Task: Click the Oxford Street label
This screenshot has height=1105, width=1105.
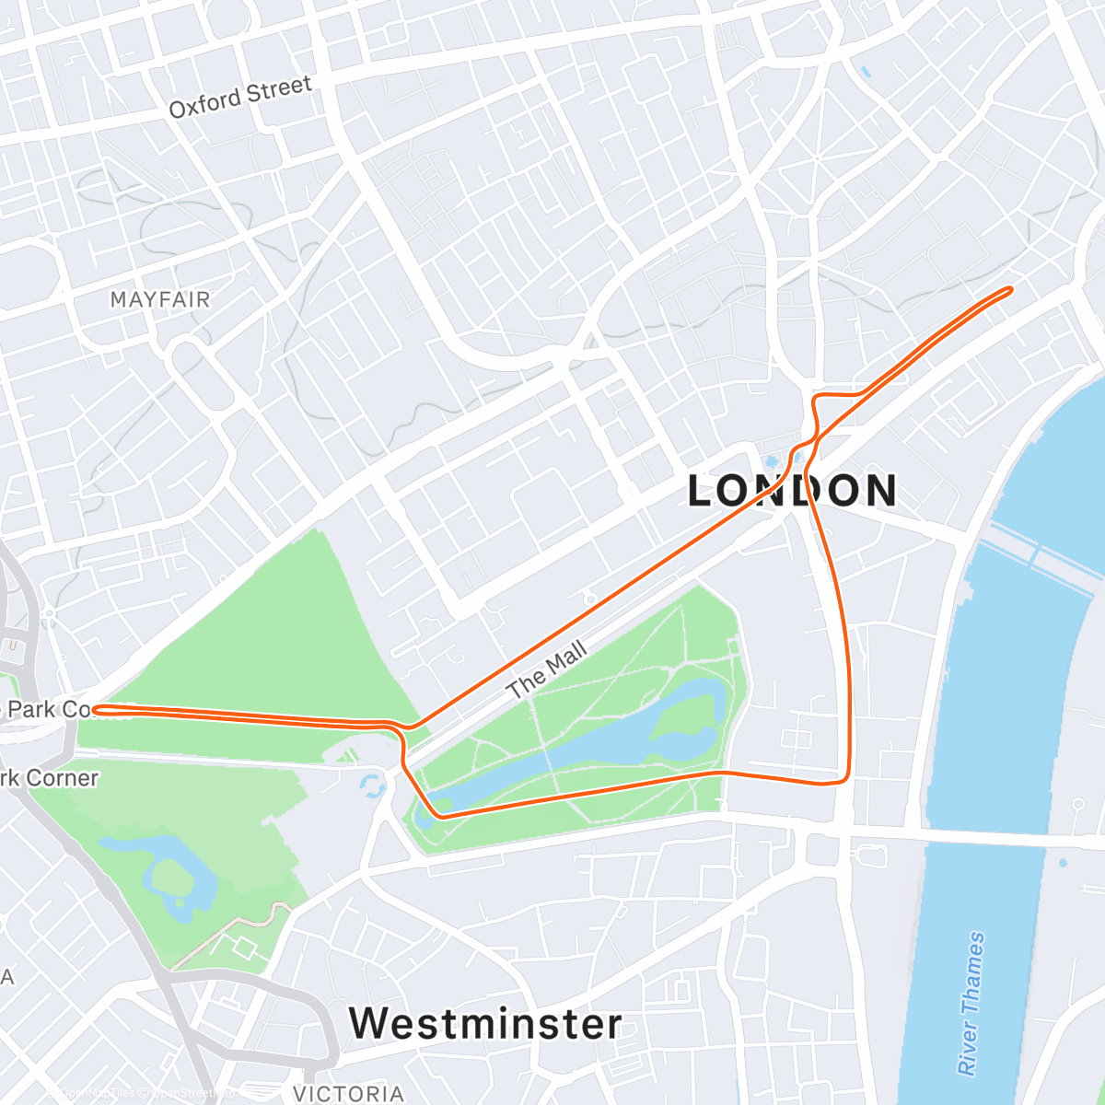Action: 240,97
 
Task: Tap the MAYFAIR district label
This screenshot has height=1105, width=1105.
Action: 160,299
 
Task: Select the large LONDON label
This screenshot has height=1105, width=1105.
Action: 792,490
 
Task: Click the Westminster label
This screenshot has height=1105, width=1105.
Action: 485,1023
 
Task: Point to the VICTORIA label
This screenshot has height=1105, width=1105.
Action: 348,1093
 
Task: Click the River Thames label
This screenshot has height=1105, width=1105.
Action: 971,1003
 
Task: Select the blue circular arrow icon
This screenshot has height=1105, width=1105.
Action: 372,785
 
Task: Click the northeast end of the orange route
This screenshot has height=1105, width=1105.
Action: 1010,290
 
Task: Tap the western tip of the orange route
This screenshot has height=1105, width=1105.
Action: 95,709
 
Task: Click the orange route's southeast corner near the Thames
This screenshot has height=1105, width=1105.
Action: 844,780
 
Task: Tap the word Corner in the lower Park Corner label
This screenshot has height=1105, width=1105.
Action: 63,778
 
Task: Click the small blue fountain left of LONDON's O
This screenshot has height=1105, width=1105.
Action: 772,460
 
